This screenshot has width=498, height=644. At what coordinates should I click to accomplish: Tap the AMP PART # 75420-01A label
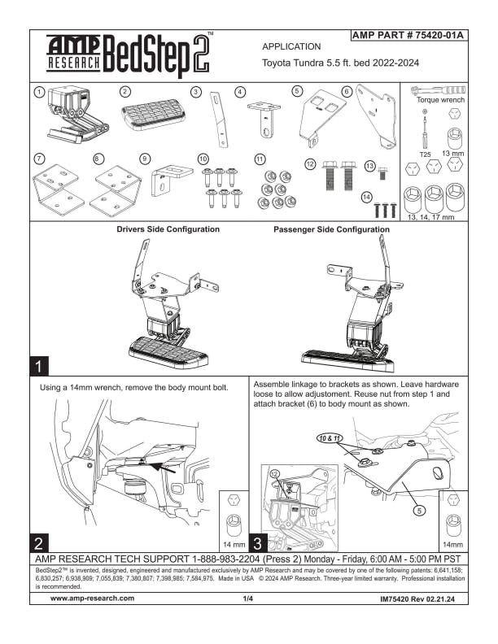[x=407, y=36]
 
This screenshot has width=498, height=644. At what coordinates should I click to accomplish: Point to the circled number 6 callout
[x=347, y=91]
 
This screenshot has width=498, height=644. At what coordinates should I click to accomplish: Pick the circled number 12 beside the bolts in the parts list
[x=309, y=164]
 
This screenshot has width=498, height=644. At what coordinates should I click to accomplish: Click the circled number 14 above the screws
[x=367, y=196]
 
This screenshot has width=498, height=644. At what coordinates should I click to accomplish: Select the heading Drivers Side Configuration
[x=168, y=229]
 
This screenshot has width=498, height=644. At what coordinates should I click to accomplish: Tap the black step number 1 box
[x=41, y=363]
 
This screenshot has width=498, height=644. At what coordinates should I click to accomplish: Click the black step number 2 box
[x=41, y=542]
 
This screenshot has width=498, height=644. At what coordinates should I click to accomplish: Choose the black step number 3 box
[x=259, y=542]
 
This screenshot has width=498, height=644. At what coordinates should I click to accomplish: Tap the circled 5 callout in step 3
[x=419, y=511]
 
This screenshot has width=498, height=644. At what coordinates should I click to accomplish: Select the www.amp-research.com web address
[x=92, y=598]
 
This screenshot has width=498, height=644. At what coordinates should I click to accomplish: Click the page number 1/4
[x=248, y=598]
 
